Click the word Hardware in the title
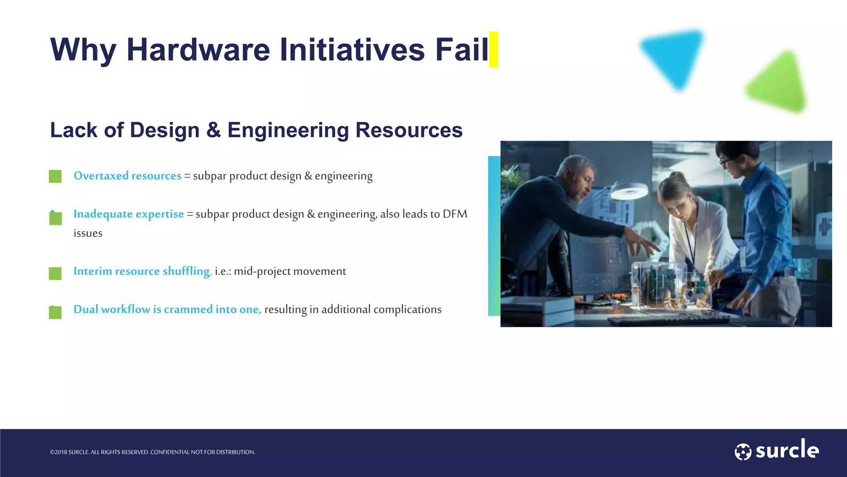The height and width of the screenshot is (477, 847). [198, 50]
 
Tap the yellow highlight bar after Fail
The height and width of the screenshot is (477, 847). [493, 49]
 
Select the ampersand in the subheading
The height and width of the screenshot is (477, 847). [213, 130]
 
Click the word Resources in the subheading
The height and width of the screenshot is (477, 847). [409, 130]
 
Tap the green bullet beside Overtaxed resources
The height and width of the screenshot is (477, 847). [55, 176]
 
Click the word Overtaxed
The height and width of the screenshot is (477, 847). [101, 176]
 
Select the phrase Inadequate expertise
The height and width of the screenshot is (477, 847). [129, 214]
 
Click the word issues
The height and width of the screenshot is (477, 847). [88, 234]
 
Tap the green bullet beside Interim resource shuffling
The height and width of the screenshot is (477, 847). [55, 273]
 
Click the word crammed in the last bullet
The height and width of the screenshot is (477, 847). [188, 310]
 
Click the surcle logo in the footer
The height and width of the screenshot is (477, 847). [777, 450]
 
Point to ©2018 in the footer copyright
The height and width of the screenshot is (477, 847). [58, 452]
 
